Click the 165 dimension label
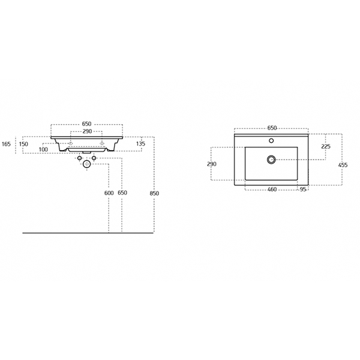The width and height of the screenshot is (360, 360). pos(6,144)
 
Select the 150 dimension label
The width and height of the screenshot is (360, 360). pos(23,144)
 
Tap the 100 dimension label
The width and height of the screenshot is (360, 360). pos(43,149)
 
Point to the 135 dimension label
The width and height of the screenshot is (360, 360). pos(140,144)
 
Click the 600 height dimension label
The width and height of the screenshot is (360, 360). pos(109,193)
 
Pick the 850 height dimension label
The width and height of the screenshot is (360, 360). pos(154,194)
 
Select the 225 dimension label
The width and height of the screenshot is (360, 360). pos(326,146)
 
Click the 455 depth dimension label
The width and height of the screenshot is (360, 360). pos(343,165)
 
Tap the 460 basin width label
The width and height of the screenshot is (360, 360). pos(272,190)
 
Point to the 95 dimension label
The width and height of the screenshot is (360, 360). pos(303,190)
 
